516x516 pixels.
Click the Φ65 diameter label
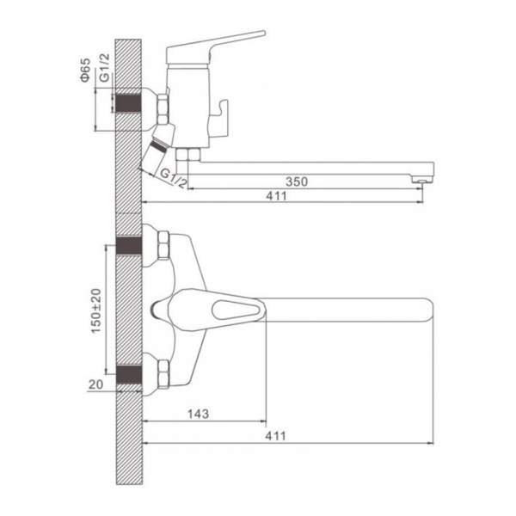[85, 70]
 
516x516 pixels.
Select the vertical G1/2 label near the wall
[105, 67]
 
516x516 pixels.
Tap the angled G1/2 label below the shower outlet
[174, 178]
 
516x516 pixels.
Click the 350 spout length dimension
[297, 181]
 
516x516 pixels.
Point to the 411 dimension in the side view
[276, 196]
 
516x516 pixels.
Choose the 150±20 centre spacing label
[96, 310]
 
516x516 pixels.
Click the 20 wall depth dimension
[95, 384]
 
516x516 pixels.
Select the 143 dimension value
[198, 414]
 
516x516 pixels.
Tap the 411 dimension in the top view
[276, 436]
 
